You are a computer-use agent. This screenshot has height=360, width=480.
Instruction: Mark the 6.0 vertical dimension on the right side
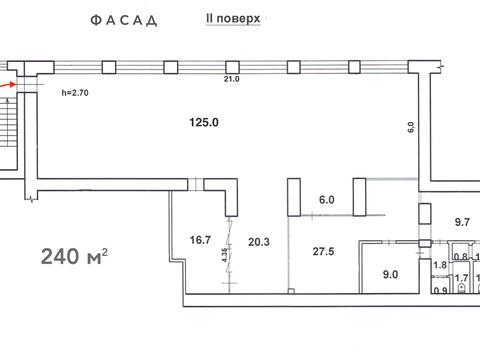pyautogui.click(x=409, y=127)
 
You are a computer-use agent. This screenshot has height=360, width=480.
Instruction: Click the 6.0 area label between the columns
pyautogui.click(x=325, y=199)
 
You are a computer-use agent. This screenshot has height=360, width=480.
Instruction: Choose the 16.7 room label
pyautogui.click(x=199, y=240)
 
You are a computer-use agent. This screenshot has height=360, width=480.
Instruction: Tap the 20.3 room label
pyautogui.click(x=260, y=240)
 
